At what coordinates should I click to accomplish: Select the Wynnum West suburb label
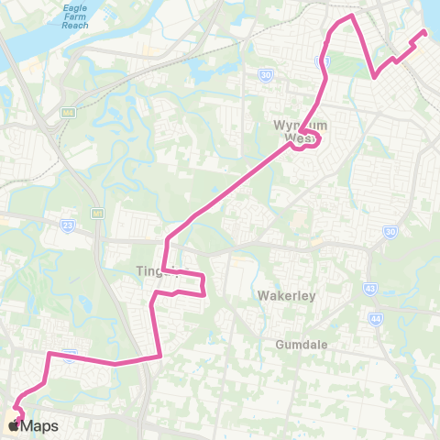293,131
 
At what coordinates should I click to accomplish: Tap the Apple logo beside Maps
14,425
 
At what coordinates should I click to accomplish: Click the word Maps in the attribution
41,425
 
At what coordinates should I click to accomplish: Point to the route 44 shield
376,317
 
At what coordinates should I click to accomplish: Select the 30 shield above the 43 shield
390,231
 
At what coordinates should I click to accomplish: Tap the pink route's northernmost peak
351,16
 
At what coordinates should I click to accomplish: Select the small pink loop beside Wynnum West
313,139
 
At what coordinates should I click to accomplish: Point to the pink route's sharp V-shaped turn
374,77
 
